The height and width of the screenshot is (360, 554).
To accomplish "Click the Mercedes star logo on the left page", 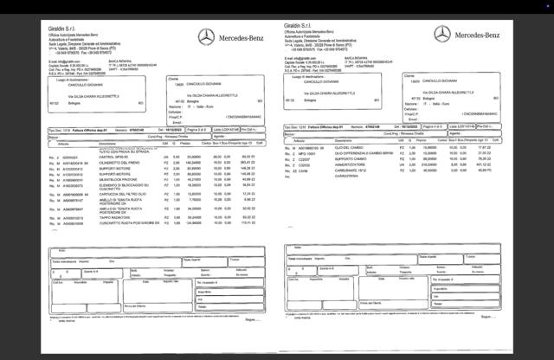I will pyautogui.click(x=206, y=36).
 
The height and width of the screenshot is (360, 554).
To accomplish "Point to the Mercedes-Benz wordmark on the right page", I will pyautogui.click(x=479, y=35).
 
